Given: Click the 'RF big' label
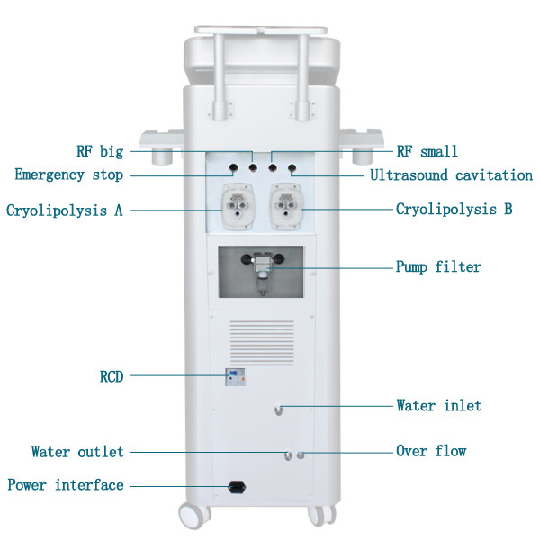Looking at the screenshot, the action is coord(100,151).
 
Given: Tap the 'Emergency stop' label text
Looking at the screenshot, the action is coord(69,175).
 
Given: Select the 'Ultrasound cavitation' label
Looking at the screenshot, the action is coord(451,175).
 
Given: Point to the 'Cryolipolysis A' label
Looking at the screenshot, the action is coord(65,210).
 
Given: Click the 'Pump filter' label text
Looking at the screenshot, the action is coord(438,267).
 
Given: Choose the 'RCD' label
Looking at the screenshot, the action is coord(112,376).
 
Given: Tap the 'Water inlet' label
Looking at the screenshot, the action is coord(439,405).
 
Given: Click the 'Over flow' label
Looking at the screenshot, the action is coord(431,451).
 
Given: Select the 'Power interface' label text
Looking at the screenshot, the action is coord(66,485).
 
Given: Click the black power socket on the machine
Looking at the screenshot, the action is coord(237,487).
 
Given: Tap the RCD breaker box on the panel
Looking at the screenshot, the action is coord(235,377).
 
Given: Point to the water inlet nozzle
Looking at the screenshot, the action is coord(279,410).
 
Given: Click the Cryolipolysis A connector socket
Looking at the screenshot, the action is coord(238,206).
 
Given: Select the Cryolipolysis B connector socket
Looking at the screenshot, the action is coord(286,206).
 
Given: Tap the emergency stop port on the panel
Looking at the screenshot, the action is coord(234,168).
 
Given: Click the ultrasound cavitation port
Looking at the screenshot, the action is coord(292,168).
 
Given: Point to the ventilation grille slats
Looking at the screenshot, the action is coord(262,343).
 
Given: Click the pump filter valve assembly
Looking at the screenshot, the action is coord(263,272).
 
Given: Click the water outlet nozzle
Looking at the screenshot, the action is coord(288,455).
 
